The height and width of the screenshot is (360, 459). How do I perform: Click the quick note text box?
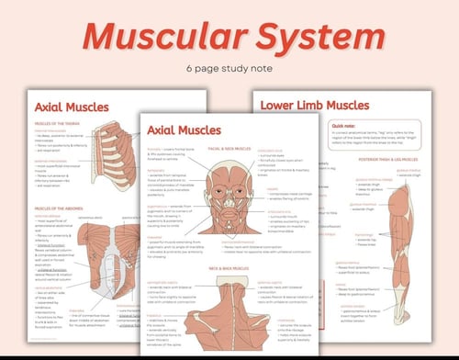tap(353, 138)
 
